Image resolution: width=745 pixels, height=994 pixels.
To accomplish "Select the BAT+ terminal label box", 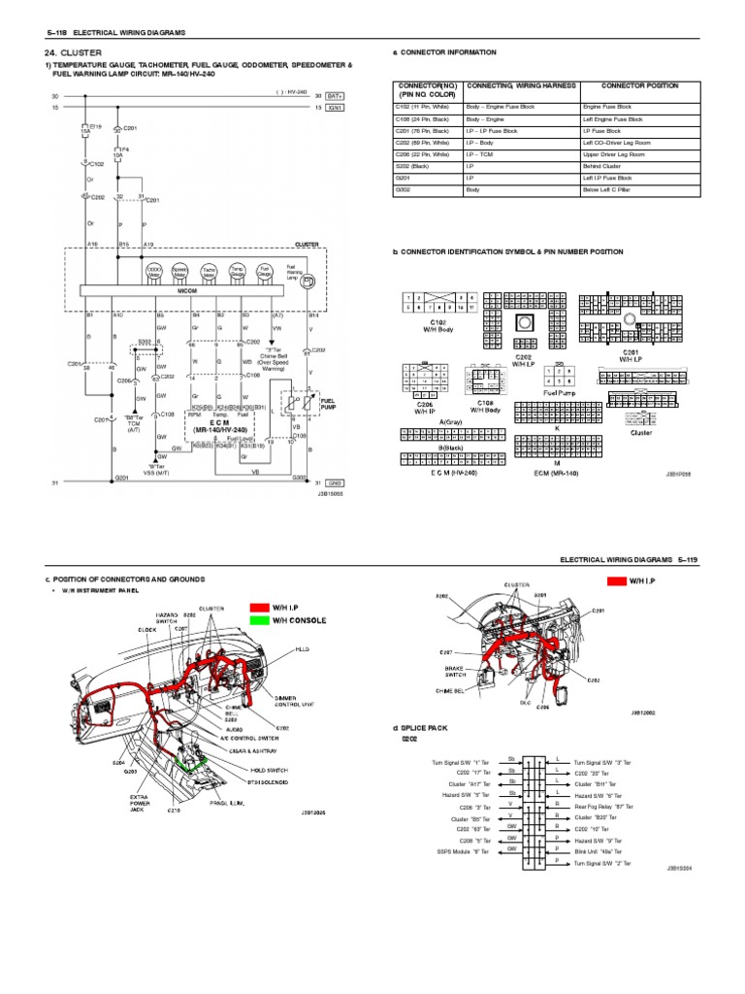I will [x=335, y=97].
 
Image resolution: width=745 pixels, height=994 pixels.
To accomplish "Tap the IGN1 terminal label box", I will [x=335, y=108].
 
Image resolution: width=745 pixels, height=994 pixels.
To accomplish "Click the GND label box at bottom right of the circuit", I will [x=335, y=482].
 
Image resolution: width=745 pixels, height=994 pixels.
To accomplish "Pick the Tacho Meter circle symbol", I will [x=209, y=275].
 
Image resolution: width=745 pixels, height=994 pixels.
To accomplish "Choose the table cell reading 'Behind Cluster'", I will [x=606, y=166].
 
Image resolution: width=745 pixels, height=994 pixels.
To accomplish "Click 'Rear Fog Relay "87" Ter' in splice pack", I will [x=604, y=807].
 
